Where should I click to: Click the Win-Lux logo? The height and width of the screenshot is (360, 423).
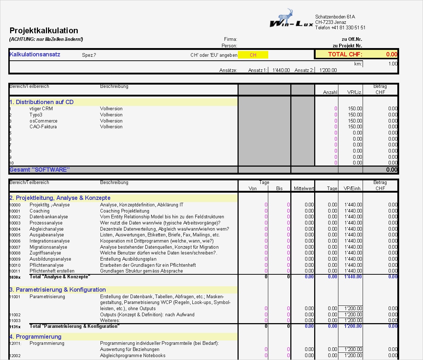[291, 20]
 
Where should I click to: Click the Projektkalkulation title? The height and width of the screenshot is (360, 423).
[44, 31]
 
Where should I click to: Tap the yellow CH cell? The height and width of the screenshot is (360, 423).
[253, 55]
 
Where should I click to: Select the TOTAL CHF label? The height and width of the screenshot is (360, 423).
[345, 55]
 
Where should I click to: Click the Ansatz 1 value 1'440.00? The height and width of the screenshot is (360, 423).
[281, 70]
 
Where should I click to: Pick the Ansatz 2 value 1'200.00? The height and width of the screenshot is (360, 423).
[328, 70]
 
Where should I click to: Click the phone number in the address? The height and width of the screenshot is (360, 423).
[340, 28]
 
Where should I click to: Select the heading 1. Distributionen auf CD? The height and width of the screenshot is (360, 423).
[42, 102]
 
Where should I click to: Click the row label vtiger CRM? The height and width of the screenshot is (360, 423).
[41, 109]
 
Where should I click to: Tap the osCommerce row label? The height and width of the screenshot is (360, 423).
[43, 121]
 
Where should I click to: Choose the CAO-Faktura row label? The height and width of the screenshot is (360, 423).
[43, 127]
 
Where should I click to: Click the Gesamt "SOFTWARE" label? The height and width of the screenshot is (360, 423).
[40, 170]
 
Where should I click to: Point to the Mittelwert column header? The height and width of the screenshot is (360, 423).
[304, 189]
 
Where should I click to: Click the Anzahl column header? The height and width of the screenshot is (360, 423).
[330, 93]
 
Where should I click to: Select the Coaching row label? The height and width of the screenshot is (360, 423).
[39, 211]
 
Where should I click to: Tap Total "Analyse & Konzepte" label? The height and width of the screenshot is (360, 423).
[60, 277]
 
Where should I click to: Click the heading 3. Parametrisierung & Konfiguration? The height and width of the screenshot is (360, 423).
[58, 290]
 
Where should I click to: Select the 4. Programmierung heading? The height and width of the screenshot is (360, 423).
[35, 337]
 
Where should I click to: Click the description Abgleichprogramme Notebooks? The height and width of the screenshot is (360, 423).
[132, 356]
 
